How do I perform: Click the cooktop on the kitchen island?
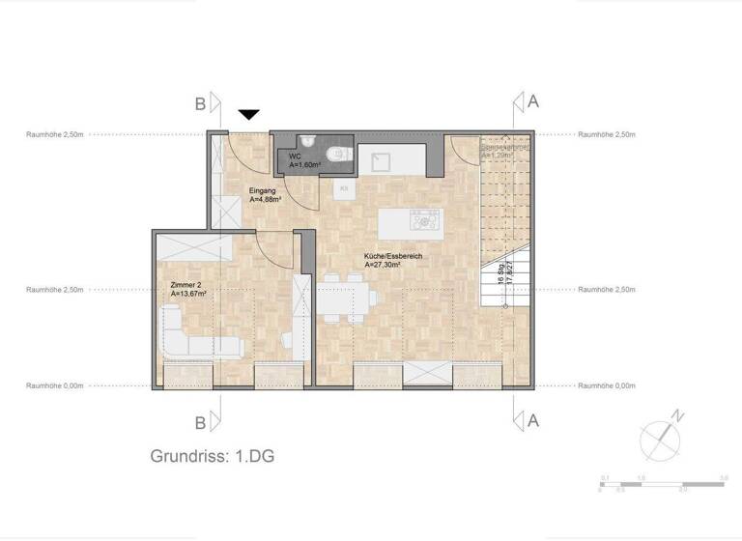click(x=424, y=219)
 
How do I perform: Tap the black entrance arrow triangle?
click(x=249, y=115)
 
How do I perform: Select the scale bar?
click(x=662, y=482)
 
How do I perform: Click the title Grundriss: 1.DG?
click(x=213, y=456)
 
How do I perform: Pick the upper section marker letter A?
click(x=532, y=101)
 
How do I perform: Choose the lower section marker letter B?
click(x=201, y=422)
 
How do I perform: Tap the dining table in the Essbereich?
click(x=344, y=299)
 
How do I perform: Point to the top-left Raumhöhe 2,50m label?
click(x=55, y=135)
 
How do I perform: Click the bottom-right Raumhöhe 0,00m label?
click(x=607, y=385)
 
